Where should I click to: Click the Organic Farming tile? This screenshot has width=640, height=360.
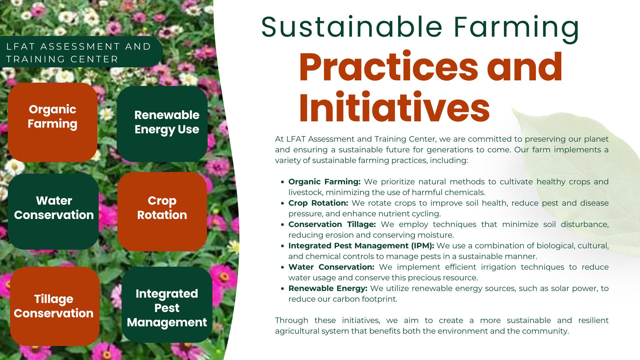click(x=53, y=122)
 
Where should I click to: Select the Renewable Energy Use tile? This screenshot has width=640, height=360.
click(x=162, y=124)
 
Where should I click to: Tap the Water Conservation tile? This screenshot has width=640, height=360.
click(x=53, y=211)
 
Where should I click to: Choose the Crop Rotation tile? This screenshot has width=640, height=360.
click(x=162, y=211)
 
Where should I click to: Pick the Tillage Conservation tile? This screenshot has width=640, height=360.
click(x=55, y=306)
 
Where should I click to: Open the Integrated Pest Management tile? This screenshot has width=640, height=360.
click(x=167, y=305)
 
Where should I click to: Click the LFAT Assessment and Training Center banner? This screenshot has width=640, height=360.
click(x=80, y=52)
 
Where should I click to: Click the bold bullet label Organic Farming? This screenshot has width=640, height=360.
click(x=324, y=182)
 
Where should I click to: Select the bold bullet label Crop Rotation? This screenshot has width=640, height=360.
click(x=318, y=203)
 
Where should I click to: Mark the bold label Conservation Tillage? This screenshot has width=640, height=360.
click(x=332, y=224)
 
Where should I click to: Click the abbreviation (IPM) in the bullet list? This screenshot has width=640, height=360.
click(x=423, y=246)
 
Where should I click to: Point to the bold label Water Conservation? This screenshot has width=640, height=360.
click(x=331, y=267)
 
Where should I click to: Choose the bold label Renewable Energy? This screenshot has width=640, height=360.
click(x=328, y=288)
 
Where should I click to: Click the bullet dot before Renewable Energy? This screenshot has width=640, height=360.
click(x=282, y=289)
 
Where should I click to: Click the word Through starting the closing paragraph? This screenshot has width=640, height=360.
click(x=292, y=320)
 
